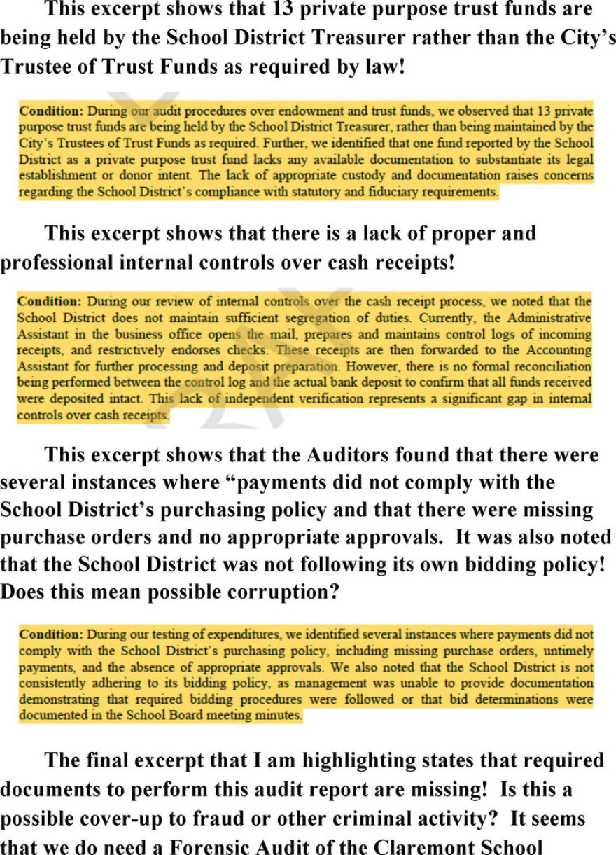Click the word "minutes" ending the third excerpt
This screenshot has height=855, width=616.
click(281, 716)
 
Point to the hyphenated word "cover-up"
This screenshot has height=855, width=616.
click(106, 818)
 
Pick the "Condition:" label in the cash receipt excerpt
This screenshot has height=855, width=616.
click(48, 301)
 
